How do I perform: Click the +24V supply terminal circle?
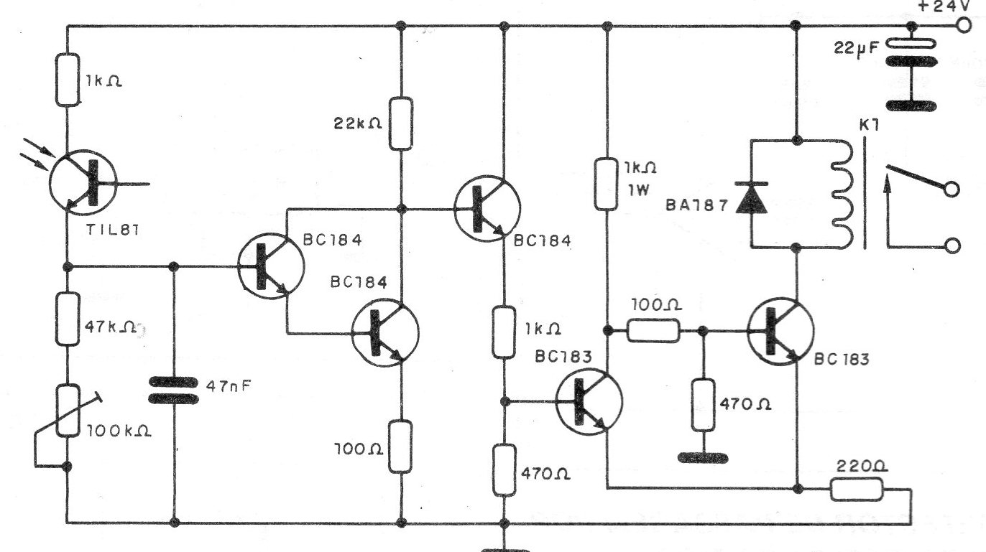tap(964, 26)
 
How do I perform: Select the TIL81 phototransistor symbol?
tap(83, 182)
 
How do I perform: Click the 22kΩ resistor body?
tap(400, 123)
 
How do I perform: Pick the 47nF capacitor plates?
tap(173, 390)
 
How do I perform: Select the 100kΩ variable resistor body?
tap(68, 410)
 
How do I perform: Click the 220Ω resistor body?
tap(857, 489)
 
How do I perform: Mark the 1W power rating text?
tap(638, 190)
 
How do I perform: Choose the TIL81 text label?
tap(113, 230)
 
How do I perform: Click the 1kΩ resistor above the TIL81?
tap(68, 80)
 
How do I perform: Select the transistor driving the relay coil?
tap(780, 331)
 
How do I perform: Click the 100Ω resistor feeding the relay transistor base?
tap(653, 331)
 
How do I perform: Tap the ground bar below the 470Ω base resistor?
tap(703, 458)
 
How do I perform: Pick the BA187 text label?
tap(697, 205)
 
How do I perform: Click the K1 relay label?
tap(869, 126)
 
